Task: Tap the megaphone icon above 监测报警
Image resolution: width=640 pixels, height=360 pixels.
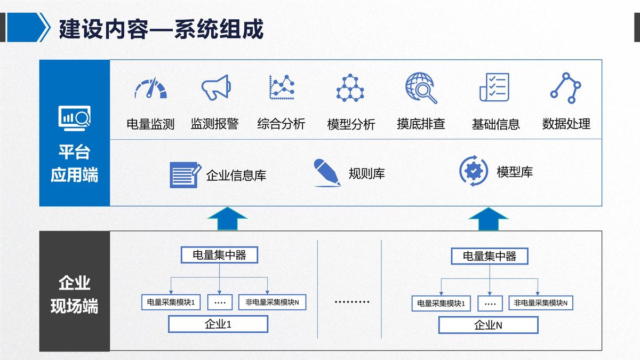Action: click(216, 87)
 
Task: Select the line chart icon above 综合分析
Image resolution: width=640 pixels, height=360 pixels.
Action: click(282, 87)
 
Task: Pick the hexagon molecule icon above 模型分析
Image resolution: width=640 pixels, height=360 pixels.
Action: click(350, 87)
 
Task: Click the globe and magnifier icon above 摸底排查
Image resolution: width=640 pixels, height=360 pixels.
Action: click(421, 87)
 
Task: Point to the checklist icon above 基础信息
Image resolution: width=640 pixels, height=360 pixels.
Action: click(494, 87)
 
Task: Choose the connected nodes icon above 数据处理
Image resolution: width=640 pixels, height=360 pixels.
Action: click(566, 87)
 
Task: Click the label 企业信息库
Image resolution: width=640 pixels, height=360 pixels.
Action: click(236, 175)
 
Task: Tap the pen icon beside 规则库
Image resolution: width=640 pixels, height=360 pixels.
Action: click(327, 173)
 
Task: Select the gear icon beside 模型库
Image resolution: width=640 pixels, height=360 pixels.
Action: click(474, 171)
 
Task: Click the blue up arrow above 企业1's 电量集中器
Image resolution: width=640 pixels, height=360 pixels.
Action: click(227, 219)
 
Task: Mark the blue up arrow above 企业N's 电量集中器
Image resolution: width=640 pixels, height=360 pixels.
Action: click(489, 219)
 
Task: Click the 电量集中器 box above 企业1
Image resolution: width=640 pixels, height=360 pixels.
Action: click(219, 255)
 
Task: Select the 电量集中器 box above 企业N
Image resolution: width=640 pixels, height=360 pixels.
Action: click(490, 256)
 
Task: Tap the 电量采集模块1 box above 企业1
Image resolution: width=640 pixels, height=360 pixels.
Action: click(171, 302)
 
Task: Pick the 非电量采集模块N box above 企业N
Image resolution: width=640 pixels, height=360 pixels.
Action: click(541, 303)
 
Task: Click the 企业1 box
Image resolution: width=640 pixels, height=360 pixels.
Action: click(218, 324)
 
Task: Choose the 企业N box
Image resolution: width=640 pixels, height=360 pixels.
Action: click(489, 325)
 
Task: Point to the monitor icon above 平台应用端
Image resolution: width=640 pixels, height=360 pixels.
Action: click(74, 118)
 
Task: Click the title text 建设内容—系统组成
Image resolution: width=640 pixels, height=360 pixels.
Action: click(161, 29)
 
